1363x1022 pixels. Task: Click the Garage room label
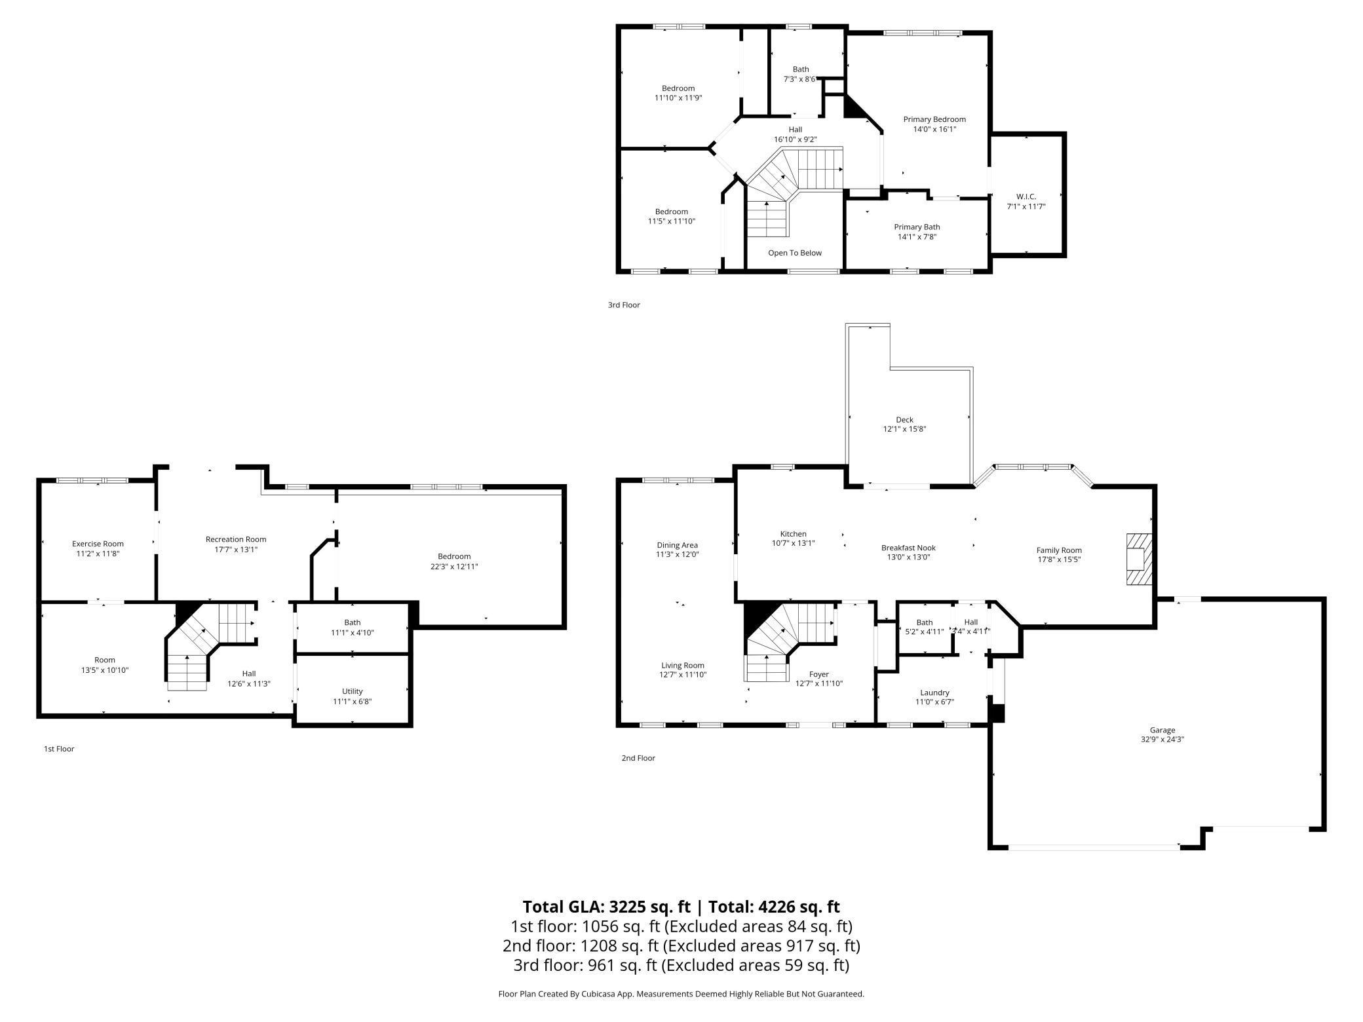(1162, 730)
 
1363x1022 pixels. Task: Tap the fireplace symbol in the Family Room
(1138, 559)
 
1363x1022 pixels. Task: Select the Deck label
(904, 420)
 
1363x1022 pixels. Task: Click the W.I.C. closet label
(1026, 197)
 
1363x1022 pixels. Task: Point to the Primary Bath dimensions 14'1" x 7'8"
(917, 237)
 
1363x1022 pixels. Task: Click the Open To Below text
(794, 253)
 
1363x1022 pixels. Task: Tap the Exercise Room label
(98, 544)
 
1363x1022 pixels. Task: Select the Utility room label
(352, 691)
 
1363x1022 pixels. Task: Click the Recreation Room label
(236, 539)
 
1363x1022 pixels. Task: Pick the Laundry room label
(934, 692)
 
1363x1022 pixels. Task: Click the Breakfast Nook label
(908, 548)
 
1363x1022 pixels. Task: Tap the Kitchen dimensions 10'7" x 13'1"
(793, 543)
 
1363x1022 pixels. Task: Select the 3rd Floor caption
(623, 305)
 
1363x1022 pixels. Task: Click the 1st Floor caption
(59, 749)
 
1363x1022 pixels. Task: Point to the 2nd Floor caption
(638, 758)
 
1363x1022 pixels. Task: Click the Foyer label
(818, 674)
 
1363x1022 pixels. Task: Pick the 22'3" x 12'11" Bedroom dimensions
(454, 567)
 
